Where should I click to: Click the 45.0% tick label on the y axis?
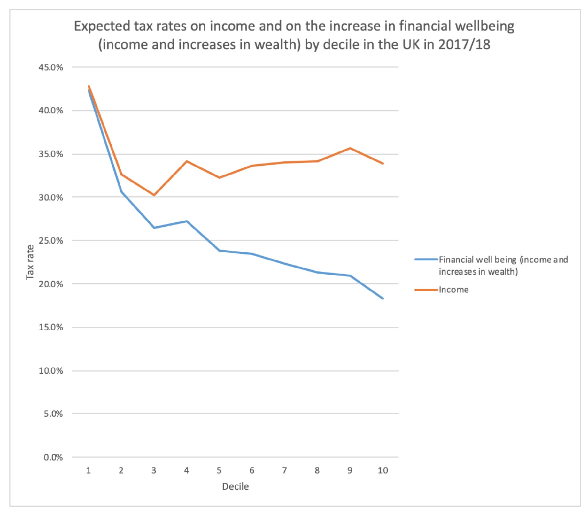(x=51, y=67)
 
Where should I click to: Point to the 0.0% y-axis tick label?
(x=53, y=457)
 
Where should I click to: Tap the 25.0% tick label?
(x=51, y=241)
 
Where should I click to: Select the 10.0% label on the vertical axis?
(x=51, y=371)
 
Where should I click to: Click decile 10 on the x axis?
(x=383, y=470)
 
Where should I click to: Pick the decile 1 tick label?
(x=89, y=470)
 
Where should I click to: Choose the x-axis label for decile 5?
(x=219, y=470)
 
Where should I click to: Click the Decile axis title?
(x=235, y=486)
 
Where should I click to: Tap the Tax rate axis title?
(x=30, y=262)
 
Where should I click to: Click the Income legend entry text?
(x=453, y=290)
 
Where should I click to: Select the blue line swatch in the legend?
(x=426, y=260)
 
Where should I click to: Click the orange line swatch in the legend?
(x=426, y=290)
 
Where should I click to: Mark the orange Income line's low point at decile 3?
(x=154, y=195)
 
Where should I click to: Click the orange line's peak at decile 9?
(x=350, y=148)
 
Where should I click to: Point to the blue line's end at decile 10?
(x=383, y=299)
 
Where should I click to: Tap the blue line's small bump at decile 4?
(x=187, y=221)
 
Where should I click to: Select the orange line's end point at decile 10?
(x=383, y=163)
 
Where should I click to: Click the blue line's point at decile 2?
(x=121, y=192)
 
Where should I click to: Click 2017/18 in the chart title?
(x=464, y=45)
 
